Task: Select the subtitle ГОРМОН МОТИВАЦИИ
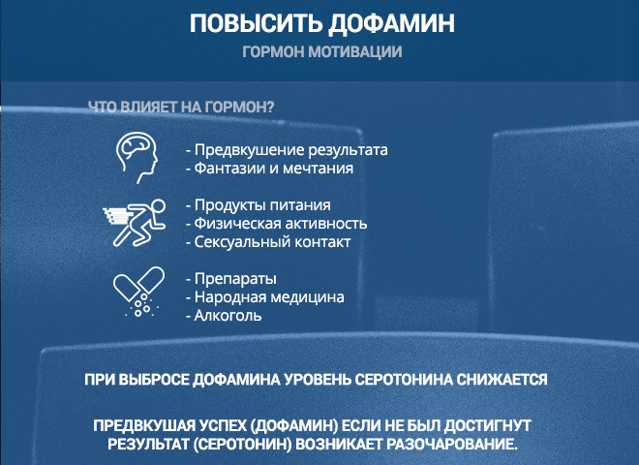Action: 322,52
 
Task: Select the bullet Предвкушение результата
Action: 286,150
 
